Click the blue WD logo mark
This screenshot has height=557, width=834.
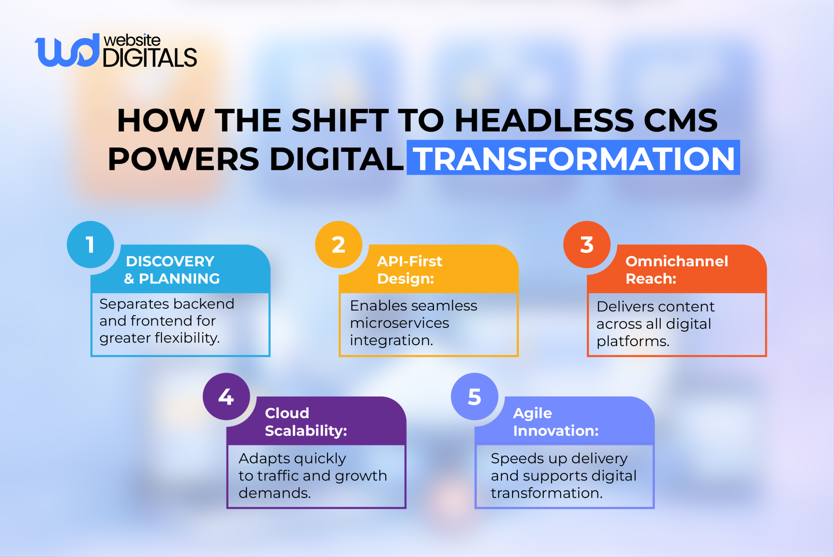(x=67, y=50)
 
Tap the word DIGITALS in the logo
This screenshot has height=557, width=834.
(x=150, y=58)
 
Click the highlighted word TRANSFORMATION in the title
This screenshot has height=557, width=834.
(x=573, y=159)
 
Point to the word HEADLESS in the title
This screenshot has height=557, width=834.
(x=544, y=121)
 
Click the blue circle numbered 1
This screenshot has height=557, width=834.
(x=90, y=244)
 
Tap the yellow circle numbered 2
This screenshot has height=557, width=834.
(x=338, y=244)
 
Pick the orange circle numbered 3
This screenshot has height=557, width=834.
(x=587, y=244)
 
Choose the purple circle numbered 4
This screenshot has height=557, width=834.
(x=226, y=397)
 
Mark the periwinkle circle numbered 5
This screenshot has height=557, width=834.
(x=474, y=397)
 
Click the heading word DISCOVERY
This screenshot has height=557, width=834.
(x=170, y=261)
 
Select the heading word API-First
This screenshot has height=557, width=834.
(x=410, y=261)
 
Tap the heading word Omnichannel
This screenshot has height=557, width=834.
(x=677, y=261)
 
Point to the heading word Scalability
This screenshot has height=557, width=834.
(x=306, y=431)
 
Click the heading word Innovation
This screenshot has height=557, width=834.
(x=556, y=431)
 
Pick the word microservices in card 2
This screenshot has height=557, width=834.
(x=400, y=323)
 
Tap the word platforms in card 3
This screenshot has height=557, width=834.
(x=633, y=341)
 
